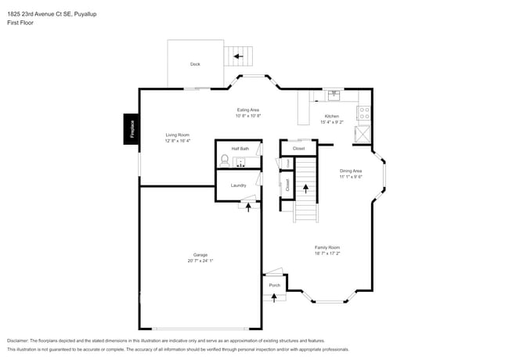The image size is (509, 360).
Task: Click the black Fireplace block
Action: (x=132, y=129)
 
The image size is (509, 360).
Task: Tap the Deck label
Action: (x=195, y=64)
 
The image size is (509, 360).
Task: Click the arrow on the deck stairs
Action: (x=238, y=56)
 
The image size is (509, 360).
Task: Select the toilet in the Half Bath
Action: (x=225, y=160)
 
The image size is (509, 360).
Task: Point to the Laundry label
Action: (x=238, y=185)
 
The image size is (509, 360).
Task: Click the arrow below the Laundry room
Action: (x=249, y=207)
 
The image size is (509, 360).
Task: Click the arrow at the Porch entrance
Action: (x=274, y=298)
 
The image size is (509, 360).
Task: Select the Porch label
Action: (x=274, y=285)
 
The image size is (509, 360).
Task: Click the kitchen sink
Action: (x=334, y=95)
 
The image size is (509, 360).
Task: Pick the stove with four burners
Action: (x=363, y=113)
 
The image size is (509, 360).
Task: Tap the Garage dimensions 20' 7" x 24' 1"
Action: (x=200, y=260)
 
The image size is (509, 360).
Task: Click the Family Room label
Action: (x=327, y=247)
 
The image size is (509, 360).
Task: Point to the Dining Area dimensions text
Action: (x=350, y=177)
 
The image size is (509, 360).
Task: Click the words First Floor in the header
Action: (x=20, y=23)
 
